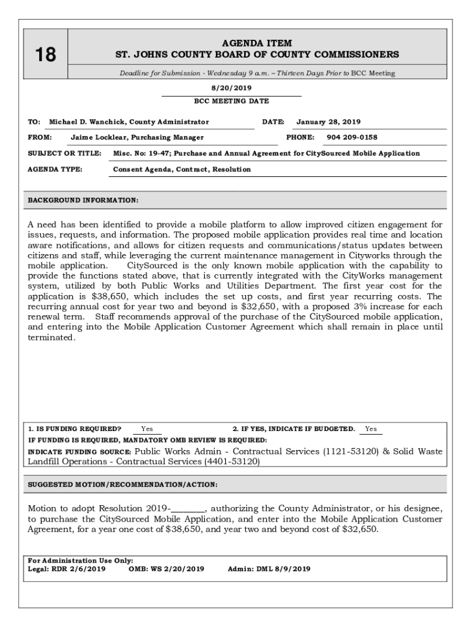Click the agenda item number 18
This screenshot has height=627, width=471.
(x=43, y=55)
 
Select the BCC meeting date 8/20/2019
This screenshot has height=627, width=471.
(x=231, y=88)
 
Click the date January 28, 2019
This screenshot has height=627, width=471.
(x=328, y=122)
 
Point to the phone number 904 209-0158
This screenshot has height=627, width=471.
(x=352, y=138)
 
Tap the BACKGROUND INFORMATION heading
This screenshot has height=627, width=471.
(x=83, y=200)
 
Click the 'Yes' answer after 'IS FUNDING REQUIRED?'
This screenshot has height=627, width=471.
(x=147, y=429)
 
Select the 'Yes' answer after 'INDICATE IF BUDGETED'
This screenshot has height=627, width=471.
(x=371, y=429)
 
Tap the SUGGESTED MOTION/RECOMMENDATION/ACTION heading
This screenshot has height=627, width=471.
(x=122, y=484)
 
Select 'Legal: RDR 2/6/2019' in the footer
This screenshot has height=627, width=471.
(x=67, y=569)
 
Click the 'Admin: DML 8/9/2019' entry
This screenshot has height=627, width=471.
(x=269, y=569)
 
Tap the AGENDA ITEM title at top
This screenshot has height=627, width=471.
(x=257, y=43)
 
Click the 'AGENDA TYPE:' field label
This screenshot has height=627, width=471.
(x=56, y=169)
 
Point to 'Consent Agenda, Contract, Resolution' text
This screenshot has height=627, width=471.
(x=182, y=169)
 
